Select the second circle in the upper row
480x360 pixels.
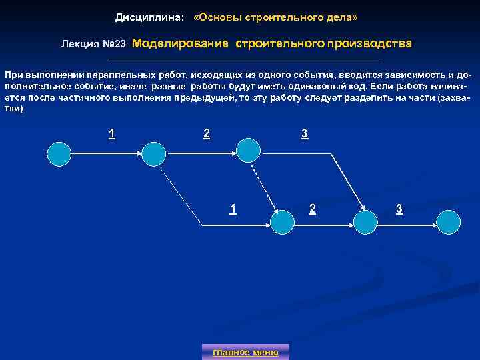[x=153, y=154]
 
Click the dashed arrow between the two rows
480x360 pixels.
[x=265, y=187]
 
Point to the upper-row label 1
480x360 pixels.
[x=112, y=133]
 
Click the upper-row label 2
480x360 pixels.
[x=207, y=133]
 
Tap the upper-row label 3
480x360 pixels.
[x=304, y=133]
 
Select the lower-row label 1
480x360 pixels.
[x=232, y=209]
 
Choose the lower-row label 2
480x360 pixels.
[x=312, y=209]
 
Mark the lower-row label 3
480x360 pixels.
[x=399, y=209]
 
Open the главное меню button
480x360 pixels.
[x=245, y=352]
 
